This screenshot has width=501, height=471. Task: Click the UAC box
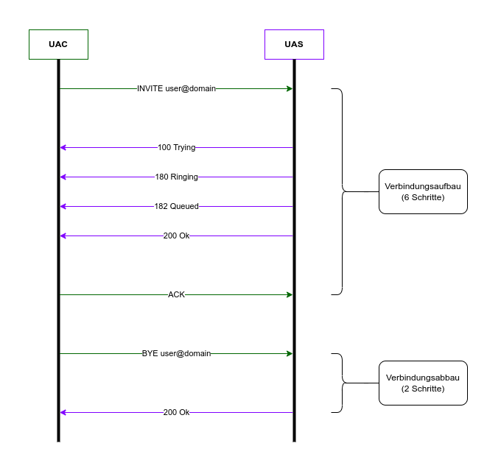pyautogui.click(x=58, y=44)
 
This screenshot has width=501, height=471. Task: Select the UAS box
pyautogui.click(x=294, y=44)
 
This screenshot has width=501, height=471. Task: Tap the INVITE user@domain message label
pyautogui.click(x=176, y=88)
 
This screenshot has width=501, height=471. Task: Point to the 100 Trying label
pyautogui.click(x=176, y=147)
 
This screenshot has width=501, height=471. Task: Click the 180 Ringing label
pyautogui.click(x=176, y=177)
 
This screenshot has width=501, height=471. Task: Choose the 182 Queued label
pyautogui.click(x=176, y=206)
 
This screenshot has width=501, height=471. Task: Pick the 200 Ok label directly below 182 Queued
pyautogui.click(x=176, y=235)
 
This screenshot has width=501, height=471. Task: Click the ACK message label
pyautogui.click(x=176, y=294)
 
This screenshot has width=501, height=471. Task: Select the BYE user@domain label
pyautogui.click(x=176, y=353)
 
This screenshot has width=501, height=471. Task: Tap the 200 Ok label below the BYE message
pyautogui.click(x=176, y=412)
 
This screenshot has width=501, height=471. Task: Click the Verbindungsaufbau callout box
pyautogui.click(x=423, y=191)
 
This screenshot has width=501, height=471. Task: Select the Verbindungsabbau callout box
pyautogui.click(x=423, y=383)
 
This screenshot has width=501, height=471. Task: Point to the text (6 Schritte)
pyautogui.click(x=423, y=198)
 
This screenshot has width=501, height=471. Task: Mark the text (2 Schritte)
pyautogui.click(x=423, y=389)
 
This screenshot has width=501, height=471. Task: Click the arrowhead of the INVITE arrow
pyautogui.click(x=290, y=88)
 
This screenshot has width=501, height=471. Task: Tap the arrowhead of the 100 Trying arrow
pyautogui.click(x=63, y=147)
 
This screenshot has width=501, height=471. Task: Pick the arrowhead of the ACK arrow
pyautogui.click(x=290, y=294)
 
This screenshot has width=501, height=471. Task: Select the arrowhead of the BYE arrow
pyautogui.click(x=290, y=353)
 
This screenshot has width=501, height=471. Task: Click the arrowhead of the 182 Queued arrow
pyautogui.click(x=63, y=206)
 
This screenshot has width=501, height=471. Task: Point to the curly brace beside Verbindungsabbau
pyautogui.click(x=342, y=383)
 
